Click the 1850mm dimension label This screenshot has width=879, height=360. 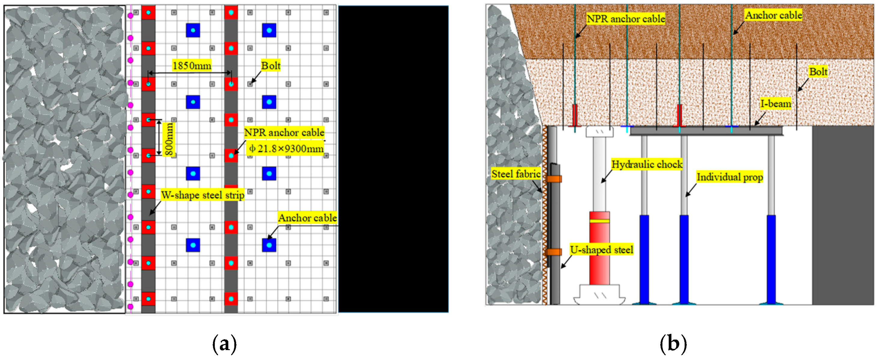coord(192,66)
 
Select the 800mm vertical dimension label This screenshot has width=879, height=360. coord(169,139)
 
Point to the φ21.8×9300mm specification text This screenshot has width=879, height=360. coord(286,148)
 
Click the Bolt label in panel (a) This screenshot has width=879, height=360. coord(271,65)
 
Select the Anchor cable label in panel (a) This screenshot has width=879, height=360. coord(307,218)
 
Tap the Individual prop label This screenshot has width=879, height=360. coord(729,177)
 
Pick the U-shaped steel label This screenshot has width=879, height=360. coord(602,250)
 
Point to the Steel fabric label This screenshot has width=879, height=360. coord(516,174)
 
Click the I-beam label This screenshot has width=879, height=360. coord(776,103)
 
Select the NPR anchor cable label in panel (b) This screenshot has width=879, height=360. coord(626,19)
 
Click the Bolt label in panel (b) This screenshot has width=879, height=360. coord(818,72)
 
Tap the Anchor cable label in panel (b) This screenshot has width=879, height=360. coord(773,15)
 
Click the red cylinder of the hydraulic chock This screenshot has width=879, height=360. coord(599,248)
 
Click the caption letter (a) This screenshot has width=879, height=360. coord(224,344)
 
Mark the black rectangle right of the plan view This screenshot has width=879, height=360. coord(393,159)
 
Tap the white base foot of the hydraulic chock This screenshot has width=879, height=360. coord(600,295)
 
